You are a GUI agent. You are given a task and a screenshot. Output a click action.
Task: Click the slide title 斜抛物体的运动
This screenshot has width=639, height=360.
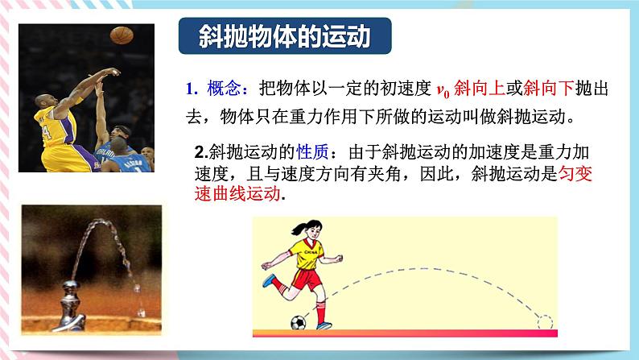coord(284,37)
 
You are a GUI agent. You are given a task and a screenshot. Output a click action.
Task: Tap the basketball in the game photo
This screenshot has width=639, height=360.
coord(121,35)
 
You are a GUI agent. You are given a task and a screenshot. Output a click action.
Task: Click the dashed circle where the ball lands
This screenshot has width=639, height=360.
coord(545,321)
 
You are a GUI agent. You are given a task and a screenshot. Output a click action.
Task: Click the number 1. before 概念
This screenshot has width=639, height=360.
coord(191,88)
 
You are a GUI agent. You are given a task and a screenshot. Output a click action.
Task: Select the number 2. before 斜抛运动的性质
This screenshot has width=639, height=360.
coord(201,151)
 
